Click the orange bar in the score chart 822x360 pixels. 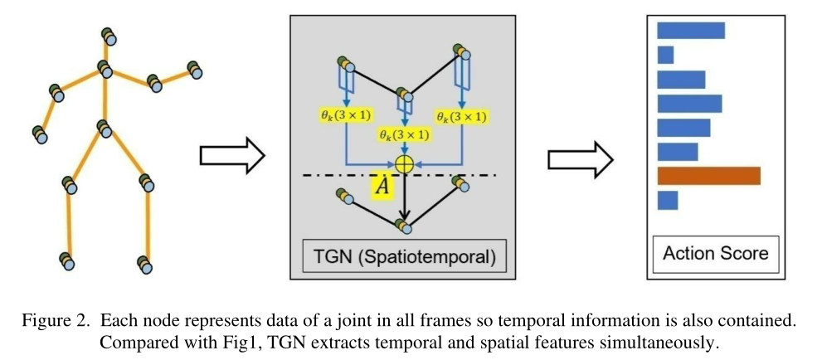pos(708,176)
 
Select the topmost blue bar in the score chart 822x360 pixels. pos(691,31)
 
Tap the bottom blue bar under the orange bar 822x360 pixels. pos(668,201)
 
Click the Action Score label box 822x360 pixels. pos(715,253)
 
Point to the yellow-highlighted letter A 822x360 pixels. pos(381,187)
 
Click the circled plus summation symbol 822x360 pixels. pos(404,163)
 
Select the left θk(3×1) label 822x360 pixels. pos(344,116)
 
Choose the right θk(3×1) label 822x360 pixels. pos(460,116)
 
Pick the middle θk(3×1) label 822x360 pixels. pos(404,134)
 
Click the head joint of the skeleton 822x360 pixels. pos(109,36)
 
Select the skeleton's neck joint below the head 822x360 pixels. pos(105,68)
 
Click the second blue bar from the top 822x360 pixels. pos(665,55)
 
